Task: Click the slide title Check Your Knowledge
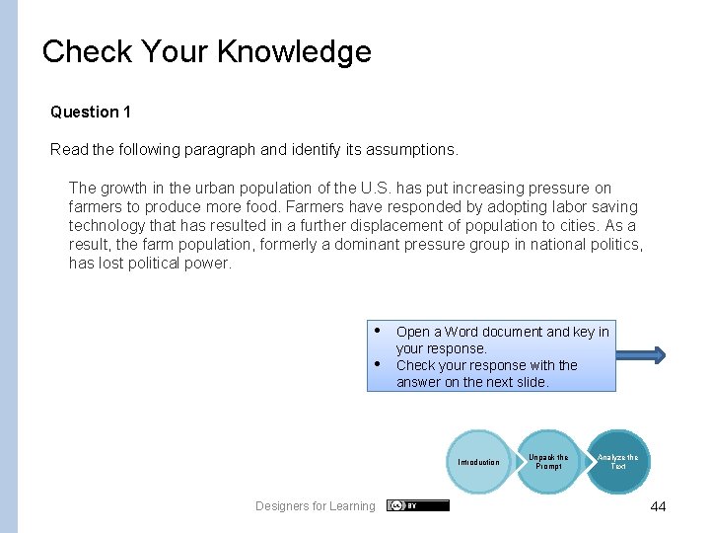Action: coord(207,51)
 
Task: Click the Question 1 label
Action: coord(91,113)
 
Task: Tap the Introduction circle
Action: coord(479,462)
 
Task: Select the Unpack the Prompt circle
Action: coord(548,462)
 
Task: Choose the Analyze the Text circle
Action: coord(617,462)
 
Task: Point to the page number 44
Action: coord(658,506)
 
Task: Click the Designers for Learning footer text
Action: coord(315,506)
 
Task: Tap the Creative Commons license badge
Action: coord(417,505)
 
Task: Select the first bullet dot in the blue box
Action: coord(378,329)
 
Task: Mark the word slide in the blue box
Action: coord(530,382)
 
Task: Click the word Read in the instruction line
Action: coord(68,150)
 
